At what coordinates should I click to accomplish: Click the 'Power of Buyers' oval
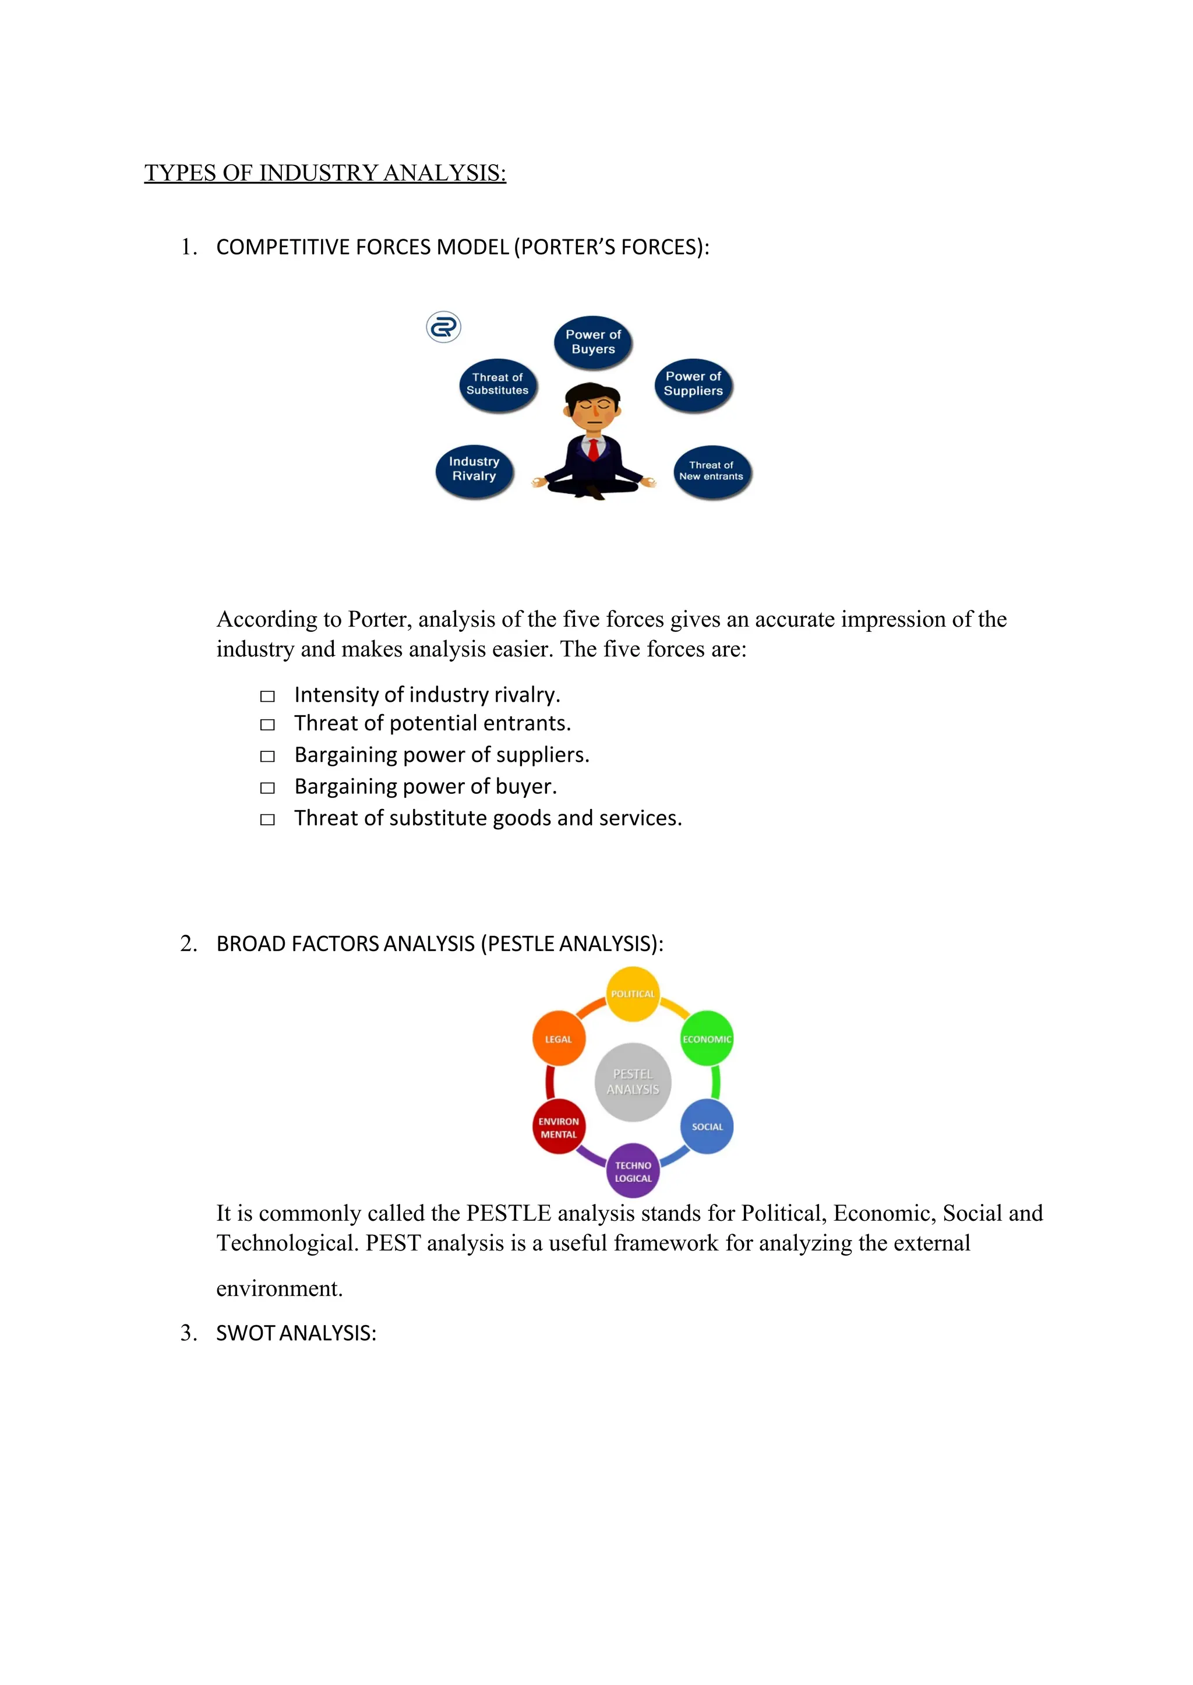593,341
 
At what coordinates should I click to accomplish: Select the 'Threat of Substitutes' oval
497,384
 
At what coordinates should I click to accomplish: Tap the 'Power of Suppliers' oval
693,384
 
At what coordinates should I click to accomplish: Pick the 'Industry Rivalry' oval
474,469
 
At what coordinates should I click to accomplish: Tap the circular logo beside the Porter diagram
444,327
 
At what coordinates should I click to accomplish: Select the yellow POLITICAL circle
633,994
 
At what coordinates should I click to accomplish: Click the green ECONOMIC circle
707,1038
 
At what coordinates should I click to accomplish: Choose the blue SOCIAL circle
707,1126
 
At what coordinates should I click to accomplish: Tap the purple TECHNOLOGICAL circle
633,1171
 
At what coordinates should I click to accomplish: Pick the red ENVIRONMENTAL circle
558,1127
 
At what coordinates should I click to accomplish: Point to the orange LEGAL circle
558,1038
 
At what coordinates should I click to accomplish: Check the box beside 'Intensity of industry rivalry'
267,695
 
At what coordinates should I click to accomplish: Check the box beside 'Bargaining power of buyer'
267,787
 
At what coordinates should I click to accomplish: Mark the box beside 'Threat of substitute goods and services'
267,819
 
